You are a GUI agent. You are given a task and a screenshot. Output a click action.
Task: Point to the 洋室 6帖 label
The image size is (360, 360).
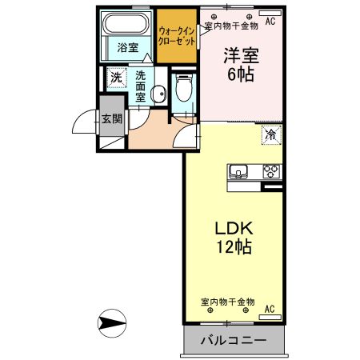click(x=241, y=64)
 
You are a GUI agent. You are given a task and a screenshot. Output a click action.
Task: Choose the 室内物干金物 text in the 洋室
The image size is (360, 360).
click(x=231, y=25)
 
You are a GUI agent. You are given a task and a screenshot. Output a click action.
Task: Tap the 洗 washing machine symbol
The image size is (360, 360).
click(x=117, y=78)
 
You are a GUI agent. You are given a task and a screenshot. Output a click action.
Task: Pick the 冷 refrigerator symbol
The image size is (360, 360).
click(x=271, y=135)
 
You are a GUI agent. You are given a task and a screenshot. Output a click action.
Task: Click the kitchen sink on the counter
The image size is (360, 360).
click(x=239, y=170)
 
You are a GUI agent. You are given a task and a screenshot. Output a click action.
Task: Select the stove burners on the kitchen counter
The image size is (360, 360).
click(x=271, y=170)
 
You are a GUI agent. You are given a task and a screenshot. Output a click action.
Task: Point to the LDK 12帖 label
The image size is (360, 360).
click(x=233, y=238)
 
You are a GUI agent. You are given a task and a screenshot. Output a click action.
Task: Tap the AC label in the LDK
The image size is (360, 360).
click(x=270, y=309)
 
